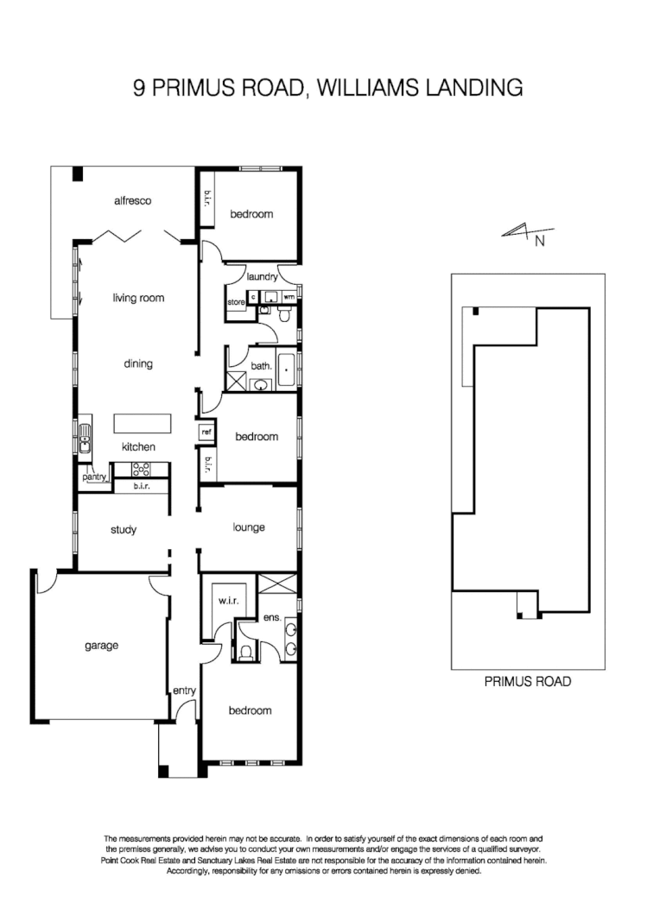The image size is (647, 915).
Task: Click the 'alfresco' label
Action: (132, 200)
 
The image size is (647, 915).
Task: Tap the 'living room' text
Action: (137, 298)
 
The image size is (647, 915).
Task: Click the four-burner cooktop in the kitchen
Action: (140, 470)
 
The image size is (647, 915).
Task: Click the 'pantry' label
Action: (93, 476)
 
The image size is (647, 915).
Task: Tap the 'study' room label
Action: (124, 530)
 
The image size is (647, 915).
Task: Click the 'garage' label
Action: (101, 645)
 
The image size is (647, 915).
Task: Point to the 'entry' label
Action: (184, 690)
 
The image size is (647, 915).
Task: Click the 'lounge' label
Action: (249, 527)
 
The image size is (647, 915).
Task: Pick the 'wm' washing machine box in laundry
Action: (289, 297)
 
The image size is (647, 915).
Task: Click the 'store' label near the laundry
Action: (236, 303)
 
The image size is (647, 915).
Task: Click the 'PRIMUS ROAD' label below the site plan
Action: (528, 681)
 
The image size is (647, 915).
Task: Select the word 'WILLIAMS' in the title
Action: (384, 88)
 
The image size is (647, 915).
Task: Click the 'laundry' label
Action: (261, 277)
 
